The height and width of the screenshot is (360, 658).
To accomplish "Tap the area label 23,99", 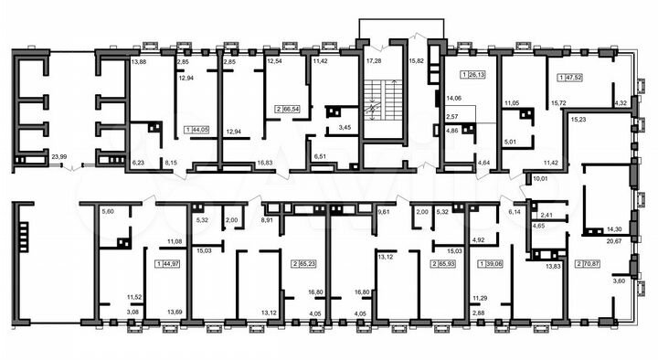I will [x=59, y=157].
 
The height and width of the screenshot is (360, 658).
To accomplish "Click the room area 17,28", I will [x=373, y=61].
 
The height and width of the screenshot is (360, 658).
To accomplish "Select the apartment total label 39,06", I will [x=492, y=263].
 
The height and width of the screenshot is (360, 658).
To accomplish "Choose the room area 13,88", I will [x=138, y=62].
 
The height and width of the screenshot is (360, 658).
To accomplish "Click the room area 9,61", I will [x=385, y=212].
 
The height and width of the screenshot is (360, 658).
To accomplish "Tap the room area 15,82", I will [x=419, y=61].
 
